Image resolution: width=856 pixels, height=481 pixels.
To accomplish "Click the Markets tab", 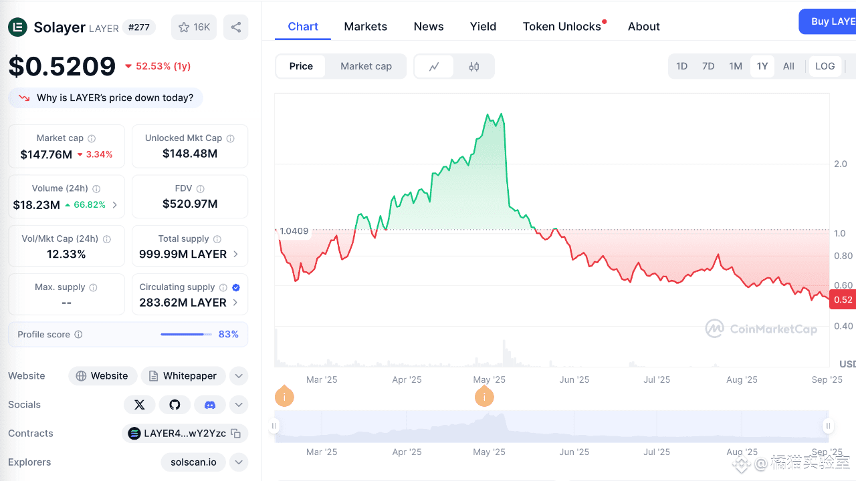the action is click(x=365, y=26).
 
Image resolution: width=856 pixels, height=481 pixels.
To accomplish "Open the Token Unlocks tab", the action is click(x=562, y=26).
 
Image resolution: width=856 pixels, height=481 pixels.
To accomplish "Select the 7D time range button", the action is click(x=708, y=66).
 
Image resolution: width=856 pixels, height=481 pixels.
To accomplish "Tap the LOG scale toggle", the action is click(x=825, y=66).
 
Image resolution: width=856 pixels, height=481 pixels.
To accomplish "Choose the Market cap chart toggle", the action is click(x=366, y=66).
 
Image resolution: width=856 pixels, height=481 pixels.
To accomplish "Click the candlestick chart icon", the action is click(x=474, y=67).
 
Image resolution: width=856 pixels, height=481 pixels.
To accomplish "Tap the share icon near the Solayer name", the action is click(x=236, y=27).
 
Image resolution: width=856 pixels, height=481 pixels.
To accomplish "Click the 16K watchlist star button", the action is click(x=194, y=27).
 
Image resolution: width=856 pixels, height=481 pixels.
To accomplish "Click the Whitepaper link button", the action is click(x=183, y=376).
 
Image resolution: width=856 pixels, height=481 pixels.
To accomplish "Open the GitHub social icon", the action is click(x=175, y=405).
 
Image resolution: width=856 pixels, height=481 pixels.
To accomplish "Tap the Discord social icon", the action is click(x=210, y=405).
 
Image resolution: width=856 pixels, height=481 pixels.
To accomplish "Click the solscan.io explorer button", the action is click(x=193, y=462).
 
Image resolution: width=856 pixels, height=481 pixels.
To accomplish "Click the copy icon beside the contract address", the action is click(x=236, y=434).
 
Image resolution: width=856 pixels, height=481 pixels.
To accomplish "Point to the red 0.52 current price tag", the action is click(x=843, y=300).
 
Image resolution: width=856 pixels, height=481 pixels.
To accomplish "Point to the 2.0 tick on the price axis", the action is click(x=841, y=164).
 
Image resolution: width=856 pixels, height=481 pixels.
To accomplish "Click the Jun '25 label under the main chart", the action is click(x=574, y=380).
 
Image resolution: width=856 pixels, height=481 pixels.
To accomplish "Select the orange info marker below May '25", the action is click(x=484, y=396).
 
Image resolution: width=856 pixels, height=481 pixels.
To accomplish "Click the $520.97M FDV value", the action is click(x=190, y=204).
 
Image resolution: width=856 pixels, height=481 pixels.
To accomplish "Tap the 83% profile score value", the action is click(x=229, y=335).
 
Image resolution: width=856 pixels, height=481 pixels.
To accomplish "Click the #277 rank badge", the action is click(x=138, y=27).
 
